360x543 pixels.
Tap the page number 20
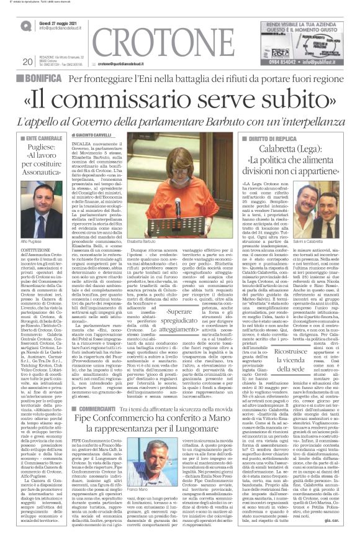(26, 62)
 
